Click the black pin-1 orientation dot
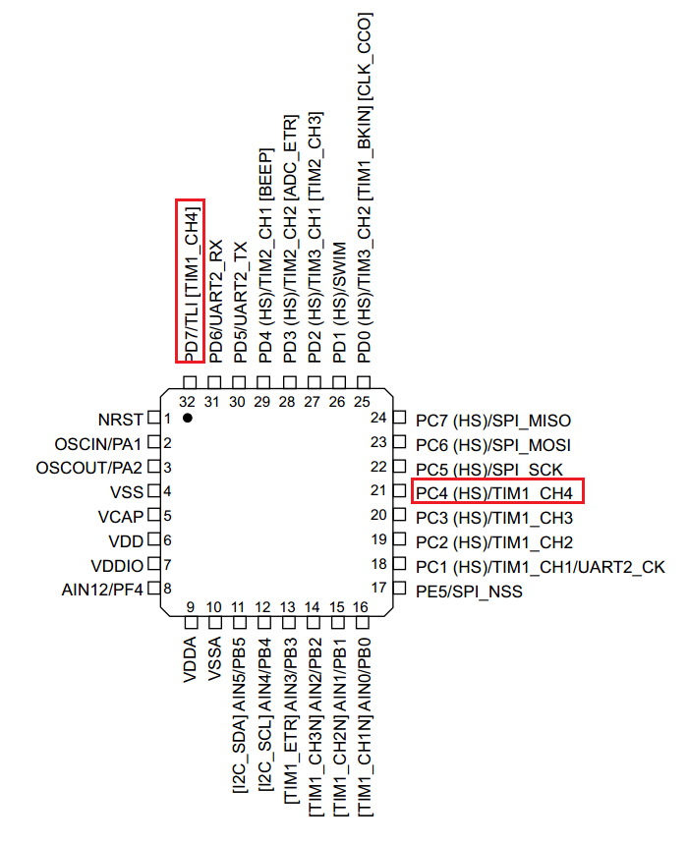188,419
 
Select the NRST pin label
120,420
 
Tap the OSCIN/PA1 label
97,444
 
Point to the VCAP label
120,517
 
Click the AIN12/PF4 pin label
102,590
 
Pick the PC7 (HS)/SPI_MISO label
493,421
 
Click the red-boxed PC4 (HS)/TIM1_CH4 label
494,493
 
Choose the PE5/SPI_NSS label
469,592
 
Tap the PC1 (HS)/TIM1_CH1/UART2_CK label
541,567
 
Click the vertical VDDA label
190,659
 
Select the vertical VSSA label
215,658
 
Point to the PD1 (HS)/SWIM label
339,303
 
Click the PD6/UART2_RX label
215,302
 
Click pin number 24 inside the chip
378,418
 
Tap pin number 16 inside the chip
361,607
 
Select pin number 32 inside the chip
188,402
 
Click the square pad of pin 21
399,490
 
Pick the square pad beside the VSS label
154,491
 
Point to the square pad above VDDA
191,623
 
